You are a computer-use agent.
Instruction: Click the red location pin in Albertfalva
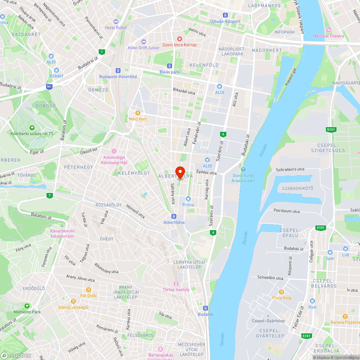180,172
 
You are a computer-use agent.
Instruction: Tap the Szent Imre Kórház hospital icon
179,39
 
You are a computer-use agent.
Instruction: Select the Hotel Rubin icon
116,22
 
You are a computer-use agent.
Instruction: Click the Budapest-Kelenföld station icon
118,71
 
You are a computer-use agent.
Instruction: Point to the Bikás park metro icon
169,66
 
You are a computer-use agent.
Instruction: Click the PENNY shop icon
56,70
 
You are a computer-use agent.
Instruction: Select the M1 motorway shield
49,87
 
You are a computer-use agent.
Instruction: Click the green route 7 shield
49,195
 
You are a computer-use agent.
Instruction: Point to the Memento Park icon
27,306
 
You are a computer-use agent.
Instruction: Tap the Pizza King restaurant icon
282,292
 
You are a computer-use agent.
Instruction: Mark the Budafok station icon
205,308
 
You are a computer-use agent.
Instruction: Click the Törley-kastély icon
176,284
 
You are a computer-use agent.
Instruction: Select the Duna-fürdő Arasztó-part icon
243,170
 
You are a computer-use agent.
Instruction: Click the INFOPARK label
284,32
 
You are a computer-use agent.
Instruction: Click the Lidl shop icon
346,248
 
